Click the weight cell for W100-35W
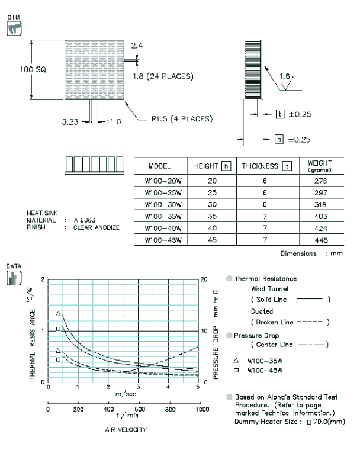click(321, 216)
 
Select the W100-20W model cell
click(163, 181)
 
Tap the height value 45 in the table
click(212, 240)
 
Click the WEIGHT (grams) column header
click(320, 166)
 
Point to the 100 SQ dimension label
click(33, 69)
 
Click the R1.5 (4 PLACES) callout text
click(182, 119)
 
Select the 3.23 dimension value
click(70, 122)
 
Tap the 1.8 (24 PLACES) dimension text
click(163, 76)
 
